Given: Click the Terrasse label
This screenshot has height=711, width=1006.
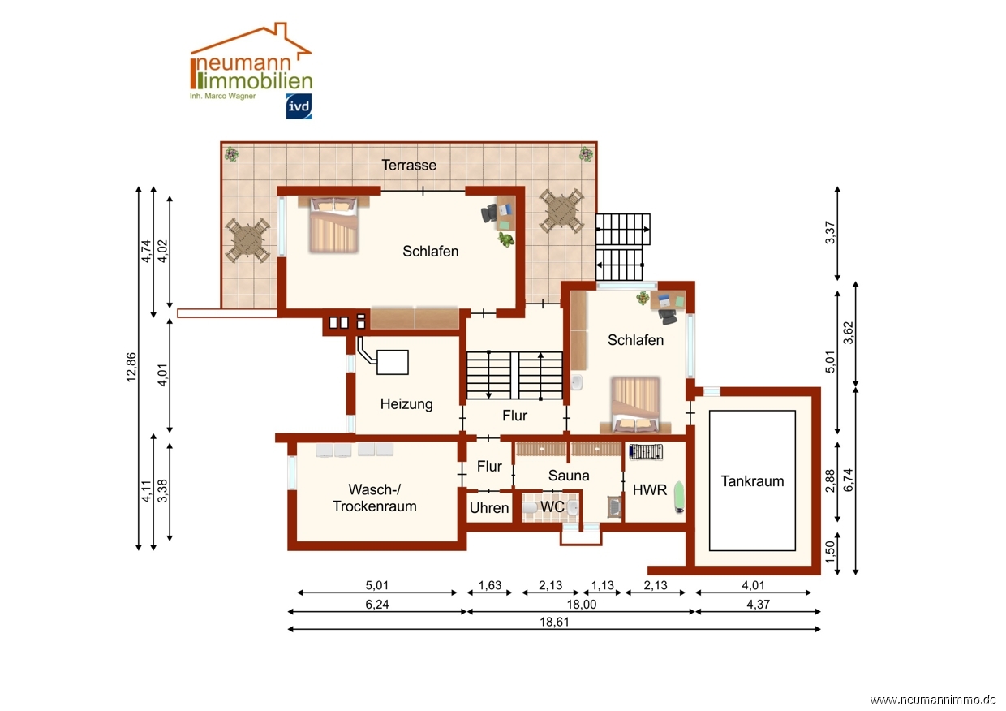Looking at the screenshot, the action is click(x=409, y=165).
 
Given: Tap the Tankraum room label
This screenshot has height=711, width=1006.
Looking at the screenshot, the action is click(x=752, y=481).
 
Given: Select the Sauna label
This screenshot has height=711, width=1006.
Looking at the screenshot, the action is click(x=569, y=476).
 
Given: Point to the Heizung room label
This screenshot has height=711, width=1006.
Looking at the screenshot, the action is click(x=406, y=404).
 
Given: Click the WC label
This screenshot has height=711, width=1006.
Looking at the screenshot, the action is click(x=552, y=506).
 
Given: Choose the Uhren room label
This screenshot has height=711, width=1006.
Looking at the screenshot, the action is click(x=489, y=508).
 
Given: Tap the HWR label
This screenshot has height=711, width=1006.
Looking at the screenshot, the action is click(x=649, y=490).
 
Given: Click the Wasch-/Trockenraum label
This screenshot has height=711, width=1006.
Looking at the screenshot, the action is click(x=375, y=498).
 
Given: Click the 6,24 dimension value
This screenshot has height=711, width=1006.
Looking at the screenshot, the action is click(x=376, y=605).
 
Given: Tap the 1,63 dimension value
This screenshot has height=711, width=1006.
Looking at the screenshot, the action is click(x=489, y=586).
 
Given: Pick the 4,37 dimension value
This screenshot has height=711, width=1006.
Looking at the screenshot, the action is click(x=758, y=605).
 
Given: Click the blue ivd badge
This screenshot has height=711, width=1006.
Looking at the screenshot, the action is click(x=299, y=106).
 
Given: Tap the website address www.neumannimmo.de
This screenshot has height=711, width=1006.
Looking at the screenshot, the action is click(x=933, y=700).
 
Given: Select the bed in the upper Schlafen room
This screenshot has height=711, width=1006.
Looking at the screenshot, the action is click(x=334, y=224).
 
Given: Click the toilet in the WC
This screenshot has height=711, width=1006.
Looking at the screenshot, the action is click(x=530, y=507).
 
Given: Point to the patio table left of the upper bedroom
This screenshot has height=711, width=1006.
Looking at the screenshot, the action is click(x=247, y=240).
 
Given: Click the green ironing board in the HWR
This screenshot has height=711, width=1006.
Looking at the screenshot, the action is click(x=680, y=496).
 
